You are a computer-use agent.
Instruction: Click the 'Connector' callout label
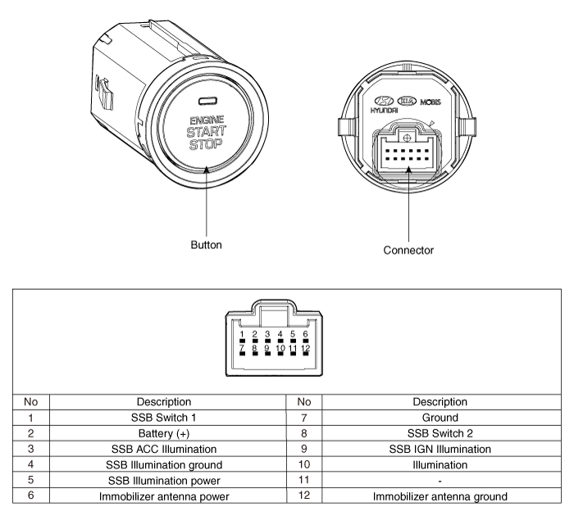coord(408,248)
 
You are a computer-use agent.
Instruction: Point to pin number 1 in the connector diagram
coord(243,333)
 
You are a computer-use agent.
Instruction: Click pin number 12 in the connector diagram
coord(305,349)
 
